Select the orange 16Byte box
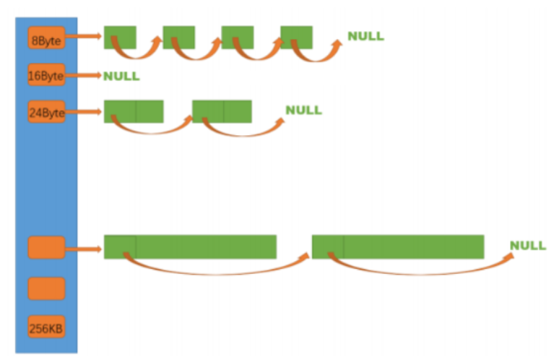pos(46,75)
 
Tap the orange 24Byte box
pos(46,112)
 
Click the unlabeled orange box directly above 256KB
pos(46,288)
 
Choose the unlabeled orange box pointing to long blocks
pos(46,247)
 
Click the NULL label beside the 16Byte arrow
pos(121,75)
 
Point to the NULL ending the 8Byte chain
pos(365,36)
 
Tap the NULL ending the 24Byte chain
pos(303,111)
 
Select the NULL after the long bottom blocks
pos(528,246)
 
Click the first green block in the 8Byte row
pos(120,37)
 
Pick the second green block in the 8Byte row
pos(178,37)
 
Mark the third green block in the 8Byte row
pos(237,37)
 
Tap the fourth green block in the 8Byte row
pos(296,37)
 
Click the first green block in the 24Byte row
pos(134,111)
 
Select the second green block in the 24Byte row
pos(222,111)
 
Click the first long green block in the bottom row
pos(190,247)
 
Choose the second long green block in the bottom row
pos(397,247)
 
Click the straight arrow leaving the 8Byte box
pos(85,36)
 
